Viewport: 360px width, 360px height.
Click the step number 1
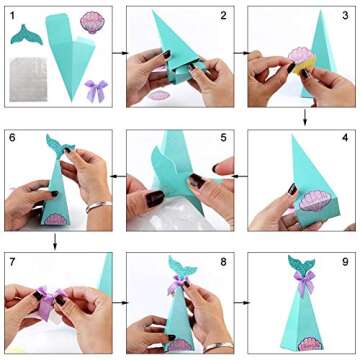coord(12,14)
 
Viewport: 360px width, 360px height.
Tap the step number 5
coord(224,136)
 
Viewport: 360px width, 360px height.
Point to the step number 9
coord(347,263)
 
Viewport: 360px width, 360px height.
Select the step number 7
coord(12,263)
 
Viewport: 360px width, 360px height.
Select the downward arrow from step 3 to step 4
coord(305,118)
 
